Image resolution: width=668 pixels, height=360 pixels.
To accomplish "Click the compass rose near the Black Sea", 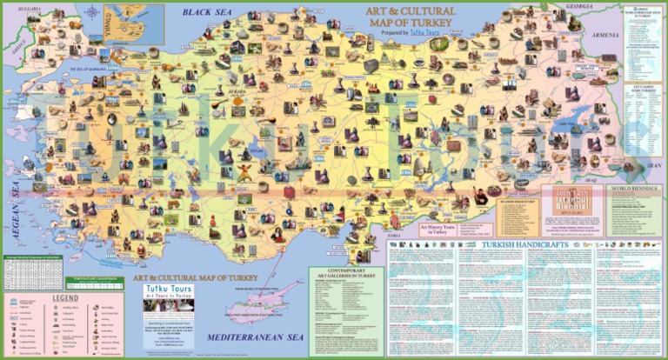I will (91, 12).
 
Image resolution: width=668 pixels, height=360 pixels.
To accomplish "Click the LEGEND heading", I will (65, 298).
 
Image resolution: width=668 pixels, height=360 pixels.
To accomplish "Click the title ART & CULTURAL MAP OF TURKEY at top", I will (407, 17).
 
